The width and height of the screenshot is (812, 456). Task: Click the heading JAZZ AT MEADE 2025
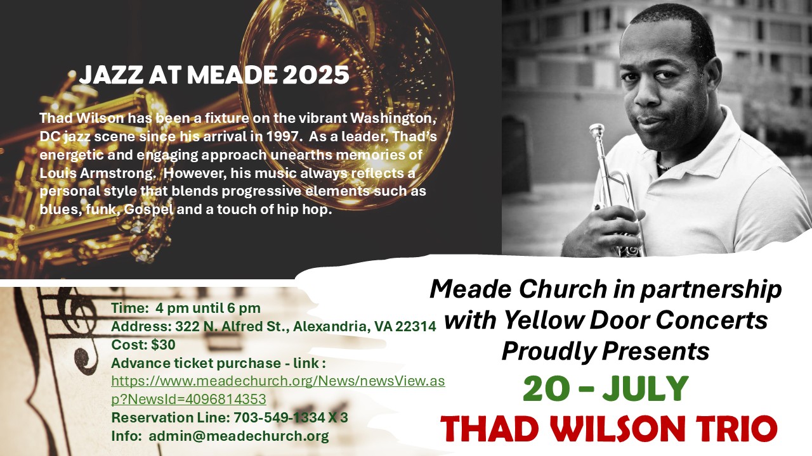tap(214, 75)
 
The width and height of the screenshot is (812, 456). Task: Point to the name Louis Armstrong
tap(96, 173)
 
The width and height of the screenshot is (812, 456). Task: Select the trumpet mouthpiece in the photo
tap(597, 132)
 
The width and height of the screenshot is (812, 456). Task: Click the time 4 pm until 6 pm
tap(208, 308)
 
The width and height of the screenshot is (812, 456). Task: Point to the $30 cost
tap(163, 345)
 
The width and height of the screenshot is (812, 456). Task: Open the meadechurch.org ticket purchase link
tap(278, 390)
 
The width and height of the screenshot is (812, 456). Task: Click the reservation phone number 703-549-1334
tap(280, 417)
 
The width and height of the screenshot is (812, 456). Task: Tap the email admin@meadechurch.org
tap(239, 436)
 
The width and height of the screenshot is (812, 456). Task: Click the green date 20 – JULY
tap(605, 388)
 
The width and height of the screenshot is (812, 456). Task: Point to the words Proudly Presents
tap(605, 351)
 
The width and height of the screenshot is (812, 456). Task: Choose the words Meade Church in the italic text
tap(518, 289)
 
